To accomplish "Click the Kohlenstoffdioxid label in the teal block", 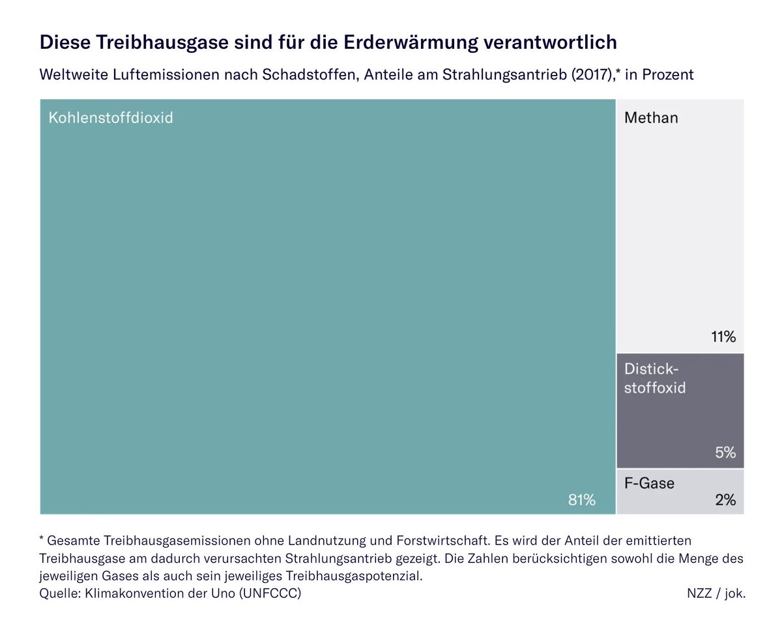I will (x=111, y=119).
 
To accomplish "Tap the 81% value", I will (x=581, y=500).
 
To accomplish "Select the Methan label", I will (x=651, y=118).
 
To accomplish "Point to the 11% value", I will (x=723, y=337).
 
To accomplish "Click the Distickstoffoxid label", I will (x=654, y=378).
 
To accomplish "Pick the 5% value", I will (x=725, y=452).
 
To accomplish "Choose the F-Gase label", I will (x=649, y=483).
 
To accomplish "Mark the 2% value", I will (x=725, y=500).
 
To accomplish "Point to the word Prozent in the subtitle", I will (x=668, y=75).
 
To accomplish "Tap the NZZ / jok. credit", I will (x=716, y=593).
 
